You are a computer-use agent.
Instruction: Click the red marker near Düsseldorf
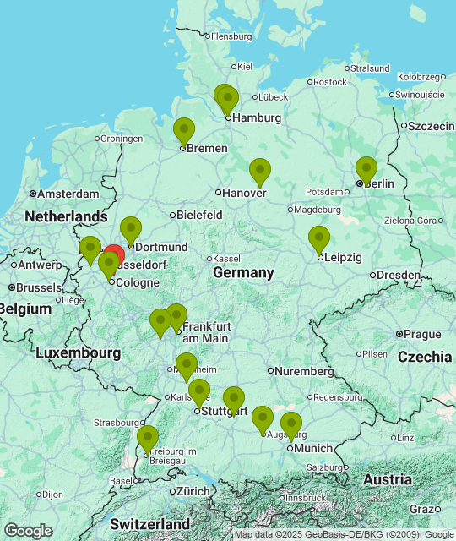(x=114, y=254)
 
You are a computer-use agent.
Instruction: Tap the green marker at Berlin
(x=366, y=169)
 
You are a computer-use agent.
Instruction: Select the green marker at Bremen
(x=183, y=131)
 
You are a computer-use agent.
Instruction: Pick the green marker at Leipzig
(x=318, y=239)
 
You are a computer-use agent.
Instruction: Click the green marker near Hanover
(x=260, y=172)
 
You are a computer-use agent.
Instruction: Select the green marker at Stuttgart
(x=198, y=392)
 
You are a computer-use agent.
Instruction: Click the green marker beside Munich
(x=291, y=425)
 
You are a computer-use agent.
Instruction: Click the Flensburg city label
(x=231, y=36)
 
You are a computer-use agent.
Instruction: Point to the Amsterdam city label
(x=68, y=194)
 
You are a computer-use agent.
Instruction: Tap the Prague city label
(x=423, y=334)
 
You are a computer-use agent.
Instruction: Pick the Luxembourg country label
(x=78, y=352)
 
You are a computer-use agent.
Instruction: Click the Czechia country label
(x=425, y=357)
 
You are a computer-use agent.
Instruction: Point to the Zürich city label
(x=194, y=491)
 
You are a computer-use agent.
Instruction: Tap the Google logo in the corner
(x=28, y=530)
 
